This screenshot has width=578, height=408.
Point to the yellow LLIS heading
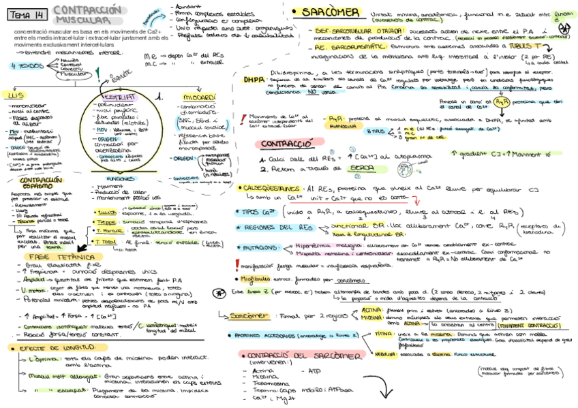(x=14, y=96)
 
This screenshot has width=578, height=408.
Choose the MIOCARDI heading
(x=197, y=97)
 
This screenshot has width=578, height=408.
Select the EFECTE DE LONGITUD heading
(x=48, y=347)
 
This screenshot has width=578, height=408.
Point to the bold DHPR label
(x=254, y=79)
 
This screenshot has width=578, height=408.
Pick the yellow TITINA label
(x=385, y=333)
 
